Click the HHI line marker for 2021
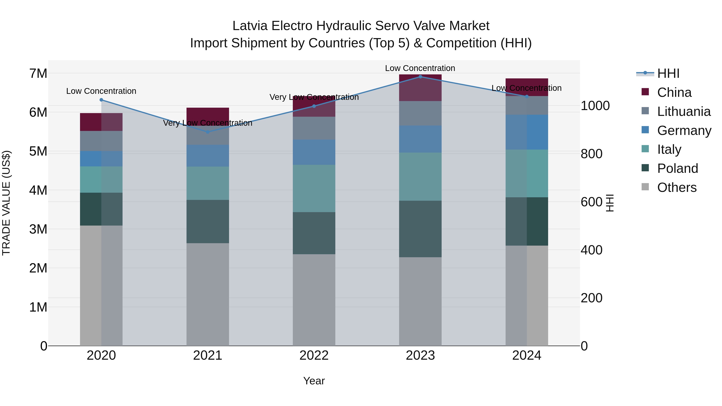pos(208,132)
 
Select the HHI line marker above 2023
pos(420,77)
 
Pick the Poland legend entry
pos(677,169)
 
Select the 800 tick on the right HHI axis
pos(591,154)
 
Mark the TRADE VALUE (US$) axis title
pos(6,203)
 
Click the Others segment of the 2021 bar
pos(208,294)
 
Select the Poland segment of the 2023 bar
pos(420,229)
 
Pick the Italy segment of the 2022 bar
pos(314,188)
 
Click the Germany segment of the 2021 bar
pos(208,156)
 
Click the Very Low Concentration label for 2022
pos(314,97)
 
